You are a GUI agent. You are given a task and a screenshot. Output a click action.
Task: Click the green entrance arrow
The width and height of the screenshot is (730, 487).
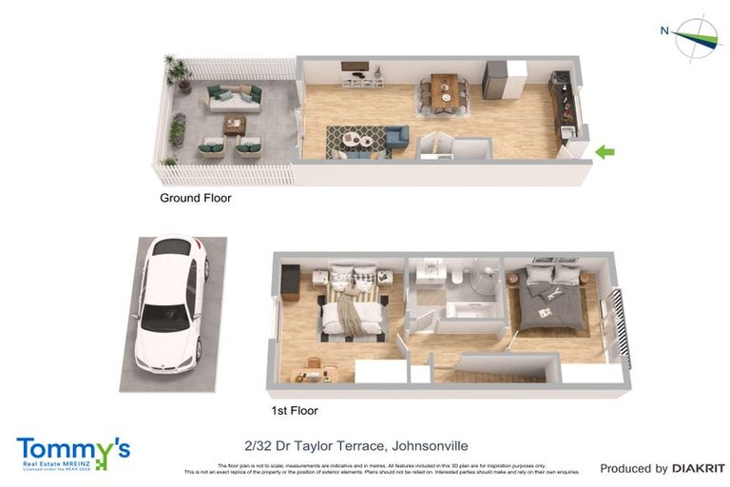click(x=605, y=151)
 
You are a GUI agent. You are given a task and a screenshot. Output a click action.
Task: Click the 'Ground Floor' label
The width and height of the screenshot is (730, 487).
click(x=195, y=199)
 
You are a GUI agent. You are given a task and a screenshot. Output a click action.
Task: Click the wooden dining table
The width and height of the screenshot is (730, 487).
click(x=444, y=91)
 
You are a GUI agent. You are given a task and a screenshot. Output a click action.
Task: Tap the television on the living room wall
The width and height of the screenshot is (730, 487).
click(x=355, y=68)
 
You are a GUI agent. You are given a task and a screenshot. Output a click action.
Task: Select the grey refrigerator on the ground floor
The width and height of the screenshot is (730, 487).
click(x=495, y=80)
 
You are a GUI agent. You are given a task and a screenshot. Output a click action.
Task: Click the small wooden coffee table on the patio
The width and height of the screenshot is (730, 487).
click(x=234, y=124)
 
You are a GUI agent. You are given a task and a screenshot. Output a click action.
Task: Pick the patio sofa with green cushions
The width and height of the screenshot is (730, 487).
click(x=233, y=95)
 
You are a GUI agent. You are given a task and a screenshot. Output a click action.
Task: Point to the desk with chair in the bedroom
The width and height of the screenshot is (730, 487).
click(x=315, y=371)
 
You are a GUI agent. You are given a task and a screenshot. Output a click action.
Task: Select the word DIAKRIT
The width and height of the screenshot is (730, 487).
click(x=699, y=468)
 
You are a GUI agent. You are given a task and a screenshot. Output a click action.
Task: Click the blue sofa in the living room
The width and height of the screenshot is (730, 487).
click(x=396, y=139)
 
